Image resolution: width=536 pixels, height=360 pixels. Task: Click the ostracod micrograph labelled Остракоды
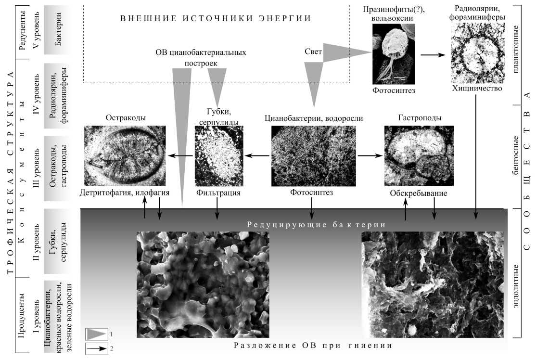tap(125, 156)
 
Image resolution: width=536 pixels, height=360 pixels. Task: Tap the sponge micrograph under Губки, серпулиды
tap(219, 156)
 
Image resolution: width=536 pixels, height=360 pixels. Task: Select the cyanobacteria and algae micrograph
tap(313, 156)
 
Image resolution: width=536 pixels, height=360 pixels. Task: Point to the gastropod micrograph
tap(419, 156)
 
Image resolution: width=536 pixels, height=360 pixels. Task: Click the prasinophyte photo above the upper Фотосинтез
tap(394, 54)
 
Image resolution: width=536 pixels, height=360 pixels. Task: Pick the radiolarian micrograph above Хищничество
tap(478, 53)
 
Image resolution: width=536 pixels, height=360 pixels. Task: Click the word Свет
tap(313, 51)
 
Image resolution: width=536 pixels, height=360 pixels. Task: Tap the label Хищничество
tap(477, 88)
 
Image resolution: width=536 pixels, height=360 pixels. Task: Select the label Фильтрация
tap(218, 193)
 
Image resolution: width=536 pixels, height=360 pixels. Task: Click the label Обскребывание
tap(419, 193)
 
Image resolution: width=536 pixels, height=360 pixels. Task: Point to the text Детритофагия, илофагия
tap(125, 193)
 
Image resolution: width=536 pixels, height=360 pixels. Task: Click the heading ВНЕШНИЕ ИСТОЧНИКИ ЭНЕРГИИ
tap(216, 18)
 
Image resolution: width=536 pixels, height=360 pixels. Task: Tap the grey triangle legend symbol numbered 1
tap(97, 334)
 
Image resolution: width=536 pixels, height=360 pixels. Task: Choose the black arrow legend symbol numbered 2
tap(97, 349)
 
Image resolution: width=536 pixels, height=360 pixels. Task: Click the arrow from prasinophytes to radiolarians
tap(433, 55)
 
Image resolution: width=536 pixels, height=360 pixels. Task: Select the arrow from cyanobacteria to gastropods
tap(370, 156)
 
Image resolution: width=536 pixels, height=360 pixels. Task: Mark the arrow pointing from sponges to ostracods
tap(180, 156)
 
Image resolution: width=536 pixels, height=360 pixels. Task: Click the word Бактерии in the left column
tap(58, 29)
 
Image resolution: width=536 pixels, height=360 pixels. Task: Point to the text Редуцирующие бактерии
tap(316, 225)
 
